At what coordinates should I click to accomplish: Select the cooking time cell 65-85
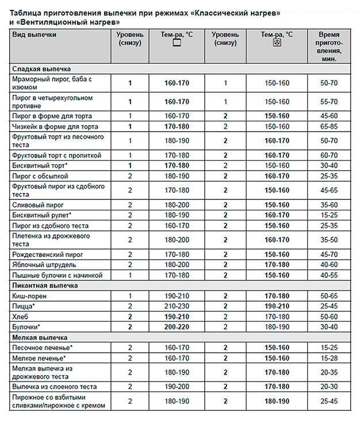click(x=330, y=126)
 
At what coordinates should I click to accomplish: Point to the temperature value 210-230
click(x=177, y=306)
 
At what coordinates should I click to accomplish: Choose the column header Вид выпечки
click(x=34, y=35)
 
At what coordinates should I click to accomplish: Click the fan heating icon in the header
click(x=277, y=44)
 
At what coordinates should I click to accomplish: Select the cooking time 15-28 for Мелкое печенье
click(x=330, y=359)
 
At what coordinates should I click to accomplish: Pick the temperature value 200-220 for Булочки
click(x=177, y=327)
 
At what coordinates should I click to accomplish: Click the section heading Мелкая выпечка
click(x=40, y=338)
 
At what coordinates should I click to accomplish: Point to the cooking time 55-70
click(x=330, y=102)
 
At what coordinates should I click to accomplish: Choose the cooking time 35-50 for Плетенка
click(x=330, y=240)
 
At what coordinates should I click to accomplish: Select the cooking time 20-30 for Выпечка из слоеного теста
click(x=330, y=387)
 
